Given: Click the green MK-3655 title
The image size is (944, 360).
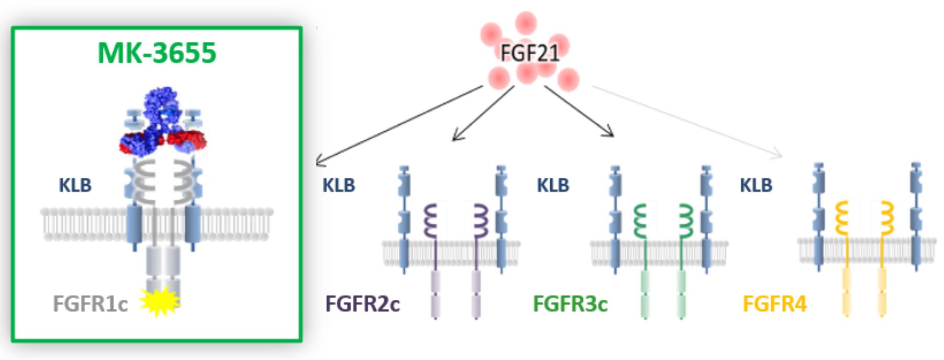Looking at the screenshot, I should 157,53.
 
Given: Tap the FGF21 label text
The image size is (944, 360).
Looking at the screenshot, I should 530,53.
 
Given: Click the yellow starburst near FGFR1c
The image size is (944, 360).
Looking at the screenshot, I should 159,302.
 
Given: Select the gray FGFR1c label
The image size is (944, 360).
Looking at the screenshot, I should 90,304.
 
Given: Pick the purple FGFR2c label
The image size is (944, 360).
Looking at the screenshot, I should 362,304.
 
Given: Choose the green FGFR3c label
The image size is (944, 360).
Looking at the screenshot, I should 570,304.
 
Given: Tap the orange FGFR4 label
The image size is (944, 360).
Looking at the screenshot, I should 775,304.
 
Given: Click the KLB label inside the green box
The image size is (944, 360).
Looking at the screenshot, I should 75,186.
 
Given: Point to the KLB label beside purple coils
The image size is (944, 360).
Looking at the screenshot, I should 338,186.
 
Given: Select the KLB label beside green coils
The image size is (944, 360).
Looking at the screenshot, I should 553,186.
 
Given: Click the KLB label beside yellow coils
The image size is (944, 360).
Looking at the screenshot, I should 756,186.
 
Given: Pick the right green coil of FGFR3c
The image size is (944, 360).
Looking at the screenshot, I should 686,221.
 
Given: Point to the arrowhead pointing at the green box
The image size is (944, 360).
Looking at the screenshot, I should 320,162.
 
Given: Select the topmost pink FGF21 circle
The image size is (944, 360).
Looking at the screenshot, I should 526,23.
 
